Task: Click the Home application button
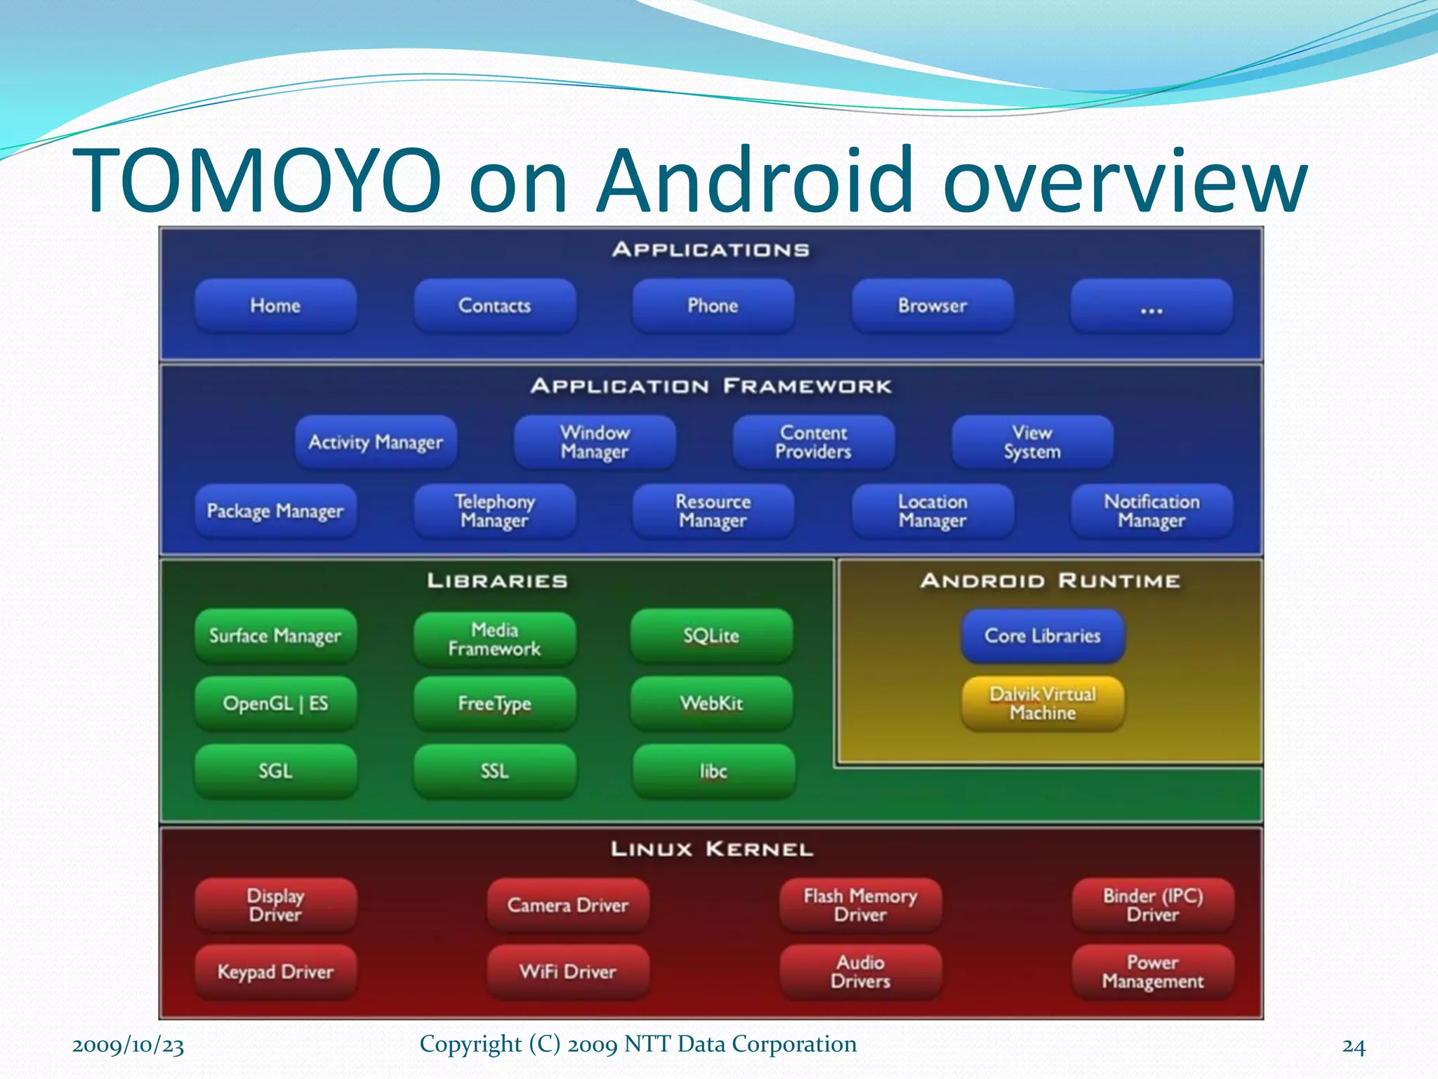coord(275,306)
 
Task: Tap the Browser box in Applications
coord(932,306)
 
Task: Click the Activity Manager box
coord(376,442)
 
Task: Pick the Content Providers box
coord(814,442)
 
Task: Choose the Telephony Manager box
coord(494,511)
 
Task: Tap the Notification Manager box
coord(1152,511)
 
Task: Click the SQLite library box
coord(711,636)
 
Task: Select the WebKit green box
coord(711,703)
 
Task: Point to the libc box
coord(713,771)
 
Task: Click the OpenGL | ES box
coord(275,703)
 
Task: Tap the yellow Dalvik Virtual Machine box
coord(1043,703)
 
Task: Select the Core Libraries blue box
coord(1043,636)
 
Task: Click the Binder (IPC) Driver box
coord(1152,905)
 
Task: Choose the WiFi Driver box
coord(567,972)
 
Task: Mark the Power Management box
coord(1152,972)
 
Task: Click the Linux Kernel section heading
coord(711,849)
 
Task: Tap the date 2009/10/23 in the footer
coord(128,1045)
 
